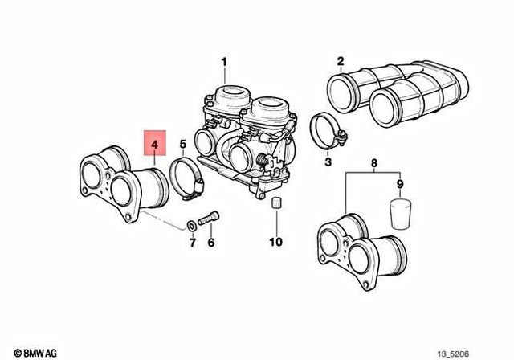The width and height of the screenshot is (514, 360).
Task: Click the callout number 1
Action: click(224, 61)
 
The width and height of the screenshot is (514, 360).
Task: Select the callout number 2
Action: click(341, 61)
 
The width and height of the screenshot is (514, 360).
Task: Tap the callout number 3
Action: click(327, 163)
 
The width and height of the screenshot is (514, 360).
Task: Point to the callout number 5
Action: click(182, 145)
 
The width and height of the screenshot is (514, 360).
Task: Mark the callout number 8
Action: click(372, 164)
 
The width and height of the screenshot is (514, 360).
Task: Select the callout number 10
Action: click(275, 241)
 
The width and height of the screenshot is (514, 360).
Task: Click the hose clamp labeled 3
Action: click(328, 131)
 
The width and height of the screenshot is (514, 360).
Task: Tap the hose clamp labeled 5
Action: click(188, 178)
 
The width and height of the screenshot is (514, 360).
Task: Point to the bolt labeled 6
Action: click(211, 218)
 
